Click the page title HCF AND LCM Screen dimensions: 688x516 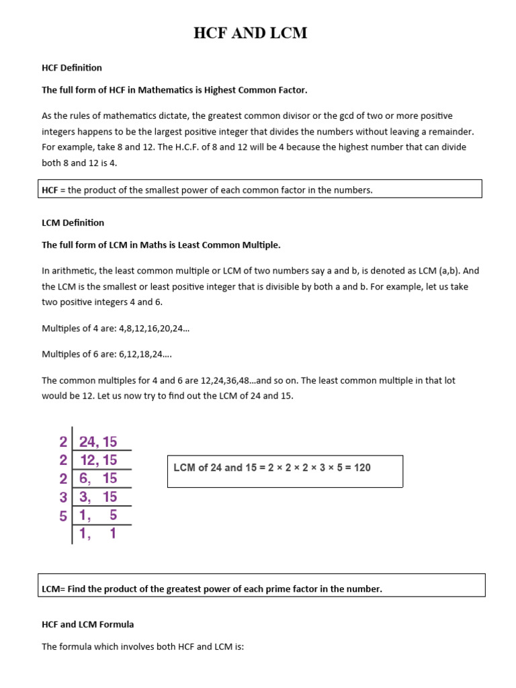click(251, 34)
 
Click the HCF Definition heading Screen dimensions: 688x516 click(72, 68)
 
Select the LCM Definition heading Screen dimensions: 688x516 click(73, 222)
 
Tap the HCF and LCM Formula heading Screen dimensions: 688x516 click(87, 624)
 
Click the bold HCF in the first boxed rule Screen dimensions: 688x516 click(50, 190)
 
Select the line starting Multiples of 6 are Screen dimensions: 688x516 click(102, 354)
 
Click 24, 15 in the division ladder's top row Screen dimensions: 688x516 click(98, 441)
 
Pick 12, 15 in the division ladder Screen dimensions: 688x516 click(98, 460)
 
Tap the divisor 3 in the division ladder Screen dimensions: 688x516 click(63, 497)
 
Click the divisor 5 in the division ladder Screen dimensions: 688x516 click(63, 515)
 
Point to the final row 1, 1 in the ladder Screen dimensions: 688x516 click(98, 534)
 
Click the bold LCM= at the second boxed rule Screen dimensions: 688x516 click(53, 589)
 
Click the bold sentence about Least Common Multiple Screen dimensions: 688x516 click(161, 245)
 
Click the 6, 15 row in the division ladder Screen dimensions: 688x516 click(98, 478)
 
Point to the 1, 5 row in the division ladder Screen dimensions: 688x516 click(98, 515)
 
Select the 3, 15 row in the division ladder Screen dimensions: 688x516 click(98, 497)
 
